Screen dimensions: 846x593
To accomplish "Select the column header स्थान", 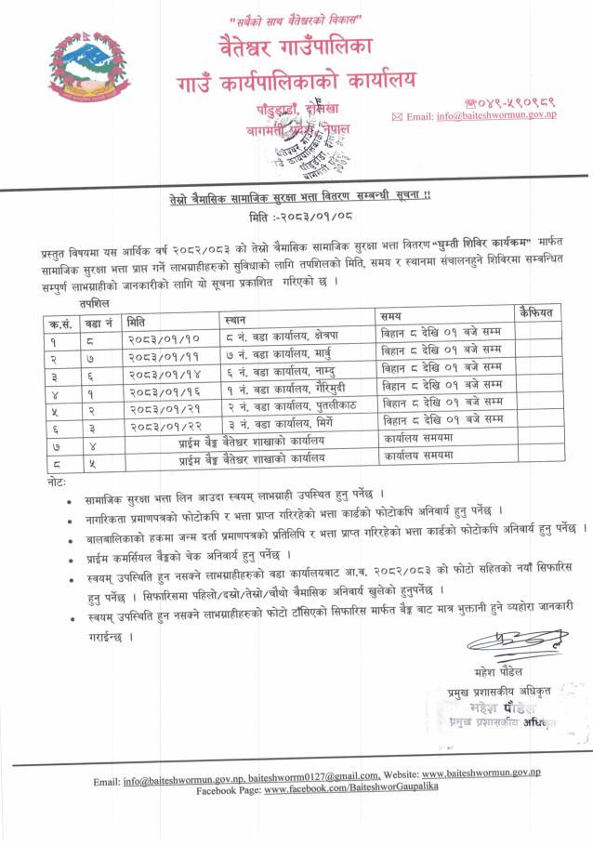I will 235,320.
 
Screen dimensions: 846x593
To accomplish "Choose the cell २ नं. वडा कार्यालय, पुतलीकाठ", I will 293,405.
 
